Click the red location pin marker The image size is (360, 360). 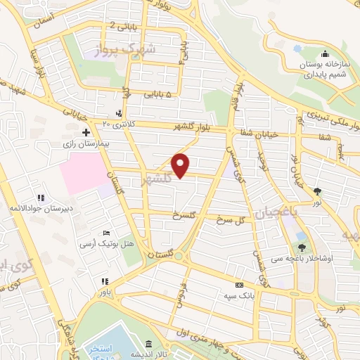click(x=181, y=165)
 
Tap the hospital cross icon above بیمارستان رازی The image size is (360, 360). click(x=85, y=132)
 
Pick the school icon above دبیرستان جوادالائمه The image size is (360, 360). click(x=41, y=198)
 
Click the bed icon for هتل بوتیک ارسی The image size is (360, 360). click(x=106, y=233)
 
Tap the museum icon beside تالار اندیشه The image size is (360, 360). click(x=148, y=344)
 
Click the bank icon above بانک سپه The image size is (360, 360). click(x=239, y=285)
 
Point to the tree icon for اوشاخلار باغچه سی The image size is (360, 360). click(x=302, y=247)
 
